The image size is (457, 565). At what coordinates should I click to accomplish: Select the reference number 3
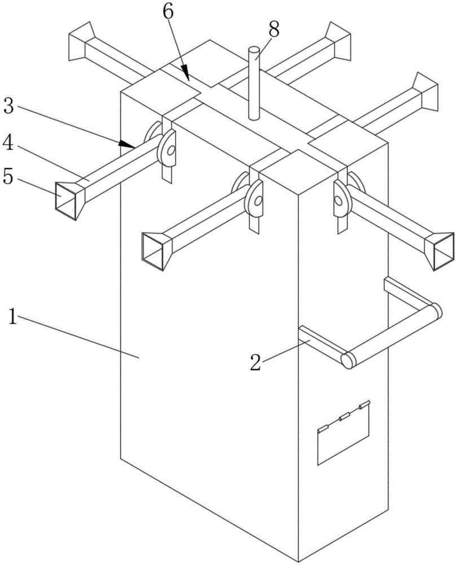tap(8, 106)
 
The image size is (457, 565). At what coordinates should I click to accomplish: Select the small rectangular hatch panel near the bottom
tap(343, 434)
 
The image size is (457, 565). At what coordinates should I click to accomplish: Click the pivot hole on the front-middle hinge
tap(257, 200)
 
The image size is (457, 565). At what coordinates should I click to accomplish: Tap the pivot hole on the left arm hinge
tap(170, 151)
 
